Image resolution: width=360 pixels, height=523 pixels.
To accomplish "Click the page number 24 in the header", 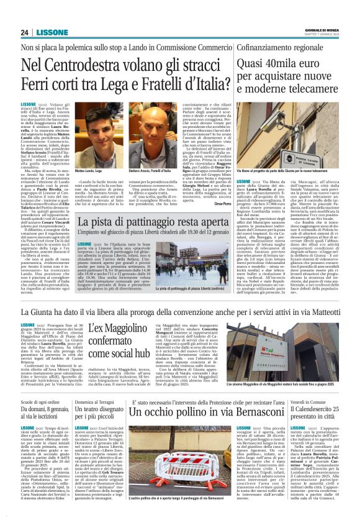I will [x=24, y=33].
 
